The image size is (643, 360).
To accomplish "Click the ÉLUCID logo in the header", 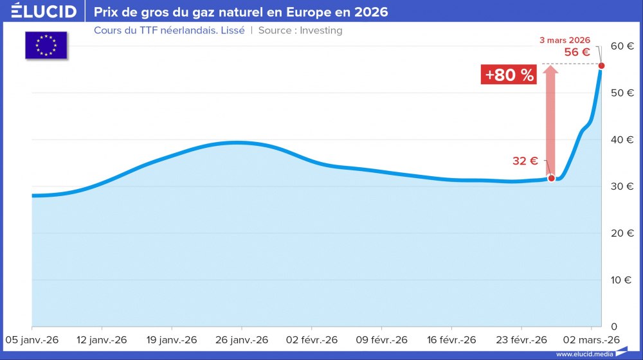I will tap(44, 12).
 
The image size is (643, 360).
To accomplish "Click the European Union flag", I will tap(46, 45).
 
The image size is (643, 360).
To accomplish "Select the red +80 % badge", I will tap(509, 75).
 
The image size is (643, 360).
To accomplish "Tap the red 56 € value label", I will tap(577, 53).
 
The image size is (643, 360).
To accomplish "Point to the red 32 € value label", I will tap(525, 161).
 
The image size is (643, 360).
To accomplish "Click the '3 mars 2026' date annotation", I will tap(564, 40).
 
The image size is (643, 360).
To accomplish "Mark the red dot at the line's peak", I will tap(601, 66).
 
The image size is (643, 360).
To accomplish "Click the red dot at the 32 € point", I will tap(551, 178).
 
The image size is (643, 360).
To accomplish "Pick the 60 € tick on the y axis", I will tap(622, 46).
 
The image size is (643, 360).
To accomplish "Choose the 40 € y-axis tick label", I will tap(622, 139).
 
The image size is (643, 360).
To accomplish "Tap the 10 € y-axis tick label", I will tap(622, 280).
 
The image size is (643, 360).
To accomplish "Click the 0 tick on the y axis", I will tap(613, 327).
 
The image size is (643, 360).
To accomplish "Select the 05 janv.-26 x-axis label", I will tap(32, 339).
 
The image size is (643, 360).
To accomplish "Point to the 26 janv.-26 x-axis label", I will tap(241, 339).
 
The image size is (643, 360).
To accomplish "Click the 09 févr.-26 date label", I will tap(381, 339).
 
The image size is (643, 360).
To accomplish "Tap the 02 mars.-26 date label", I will tap(592, 339).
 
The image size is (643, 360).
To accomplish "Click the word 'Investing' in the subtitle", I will tap(321, 30).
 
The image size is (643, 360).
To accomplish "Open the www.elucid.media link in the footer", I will tap(583, 354).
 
